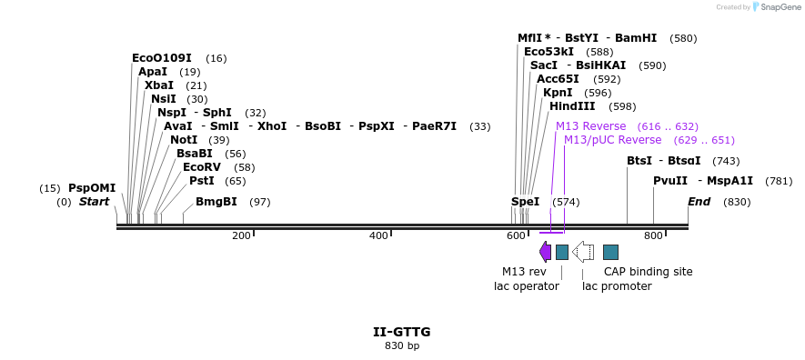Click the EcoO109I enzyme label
pyautogui.click(x=162, y=58)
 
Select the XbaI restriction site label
pyautogui.click(x=159, y=85)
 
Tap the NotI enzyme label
pyautogui.click(x=184, y=140)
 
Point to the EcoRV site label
pyautogui.click(x=202, y=167)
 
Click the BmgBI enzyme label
pyautogui.click(x=216, y=202)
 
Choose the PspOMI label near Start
pyautogui.click(x=92, y=188)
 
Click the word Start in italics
pyautogui.click(x=94, y=202)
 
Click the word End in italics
pyautogui.click(x=699, y=202)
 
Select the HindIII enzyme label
pyautogui.click(x=572, y=106)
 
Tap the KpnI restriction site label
pyautogui.click(x=558, y=93)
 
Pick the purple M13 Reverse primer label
pyautogui.click(x=591, y=126)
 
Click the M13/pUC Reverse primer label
pyautogui.click(x=612, y=140)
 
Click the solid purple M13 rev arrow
pyautogui.click(x=545, y=252)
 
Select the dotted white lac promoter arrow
pyautogui.click(x=583, y=252)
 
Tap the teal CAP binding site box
pyautogui.click(x=610, y=252)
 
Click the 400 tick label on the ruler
pyautogui.click(x=379, y=236)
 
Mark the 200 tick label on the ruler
pyautogui.click(x=241, y=236)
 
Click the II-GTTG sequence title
pyautogui.click(x=402, y=332)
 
